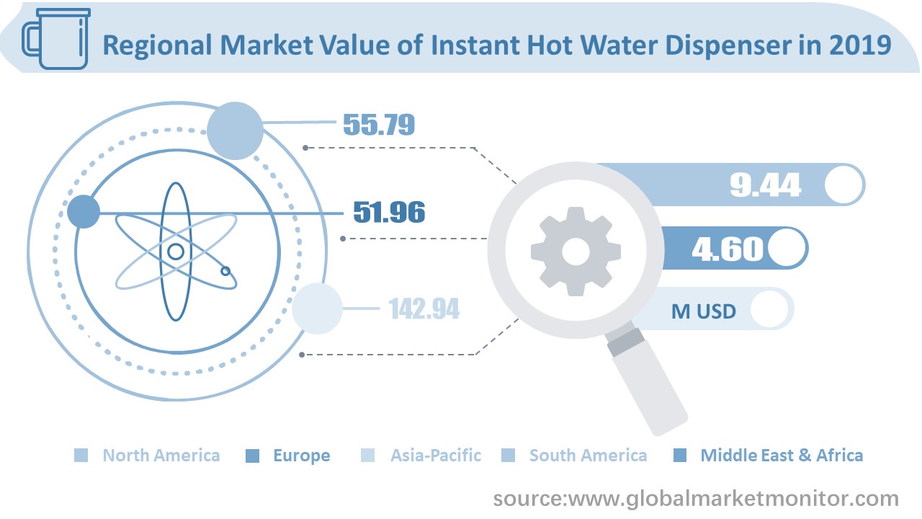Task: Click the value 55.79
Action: point(378,124)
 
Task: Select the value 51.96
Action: point(388,212)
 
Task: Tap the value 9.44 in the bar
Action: point(765,185)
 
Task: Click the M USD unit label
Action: point(704,311)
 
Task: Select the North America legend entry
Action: point(161,456)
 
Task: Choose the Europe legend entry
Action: point(301,456)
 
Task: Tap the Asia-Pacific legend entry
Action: point(435,456)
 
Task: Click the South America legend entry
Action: point(588,456)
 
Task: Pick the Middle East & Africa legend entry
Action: point(781,456)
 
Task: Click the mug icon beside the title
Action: point(54,42)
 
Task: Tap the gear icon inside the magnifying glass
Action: point(576,251)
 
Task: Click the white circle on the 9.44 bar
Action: point(843,185)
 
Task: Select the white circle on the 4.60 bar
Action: point(787,249)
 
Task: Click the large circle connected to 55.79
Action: point(235,130)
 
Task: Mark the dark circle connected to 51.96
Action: point(84,213)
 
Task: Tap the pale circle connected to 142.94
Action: point(317,309)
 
